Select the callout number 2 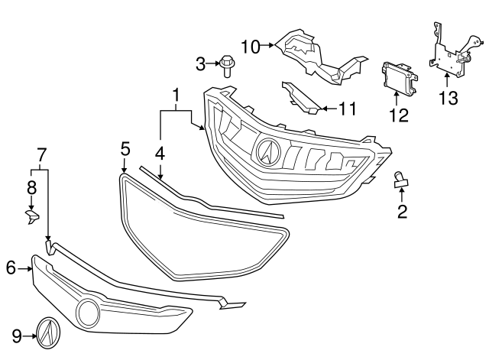point(401,210)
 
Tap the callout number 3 point(200,64)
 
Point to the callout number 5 point(125,148)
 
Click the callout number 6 point(11,267)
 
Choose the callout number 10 point(250,46)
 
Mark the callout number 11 point(348,109)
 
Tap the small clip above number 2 point(401,180)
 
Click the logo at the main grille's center point(269,150)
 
